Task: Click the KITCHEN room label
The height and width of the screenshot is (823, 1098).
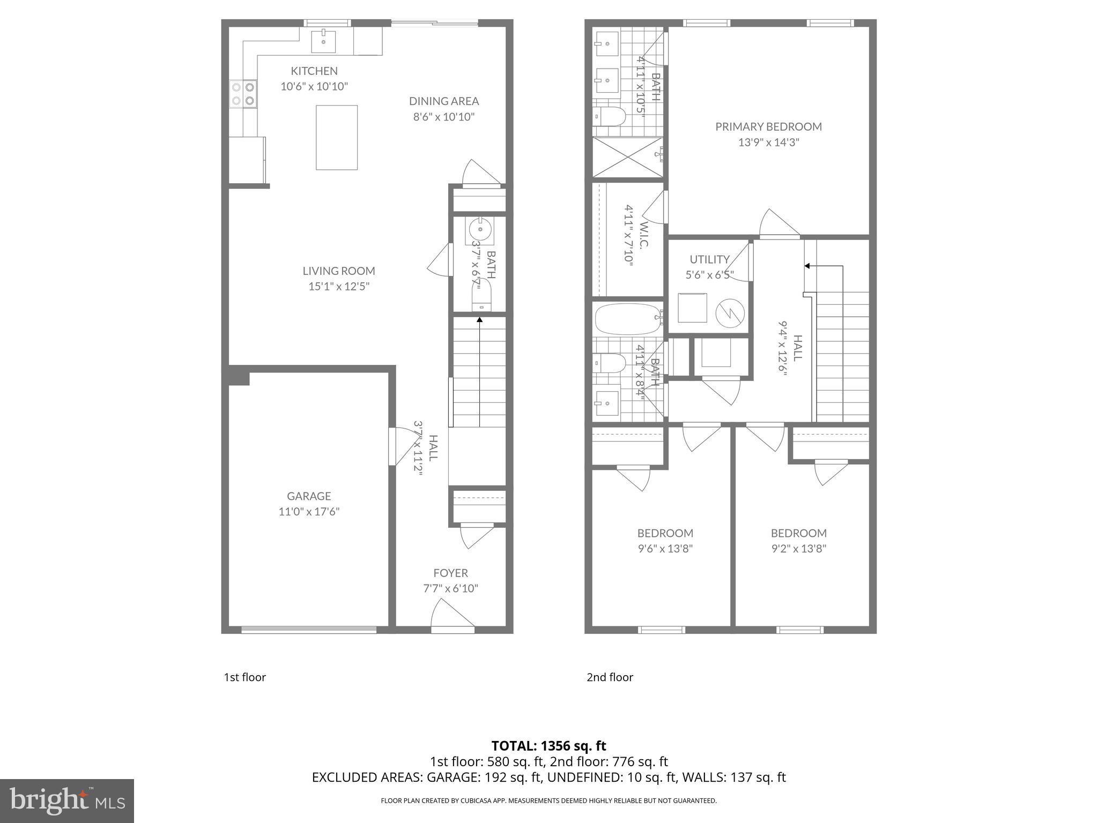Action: [x=314, y=71]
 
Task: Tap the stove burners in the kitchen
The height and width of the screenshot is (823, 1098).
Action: [x=242, y=93]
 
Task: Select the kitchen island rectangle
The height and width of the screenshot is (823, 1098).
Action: [x=337, y=138]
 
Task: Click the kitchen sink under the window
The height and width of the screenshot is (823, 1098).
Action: [x=324, y=42]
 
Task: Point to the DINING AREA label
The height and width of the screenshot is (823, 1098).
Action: [x=444, y=101]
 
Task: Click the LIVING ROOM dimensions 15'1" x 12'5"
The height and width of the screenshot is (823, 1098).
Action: [x=339, y=286]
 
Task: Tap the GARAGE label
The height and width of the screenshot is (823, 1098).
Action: [x=309, y=496]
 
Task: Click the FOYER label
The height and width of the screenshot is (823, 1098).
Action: [x=450, y=573]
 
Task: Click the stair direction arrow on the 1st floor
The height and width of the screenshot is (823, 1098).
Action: [x=479, y=320]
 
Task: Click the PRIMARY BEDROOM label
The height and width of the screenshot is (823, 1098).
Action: [x=768, y=126]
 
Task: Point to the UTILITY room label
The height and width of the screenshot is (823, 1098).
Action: [x=709, y=259]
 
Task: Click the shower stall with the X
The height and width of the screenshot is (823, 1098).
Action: [x=628, y=157]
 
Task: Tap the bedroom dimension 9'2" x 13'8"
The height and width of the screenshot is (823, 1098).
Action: [x=799, y=548]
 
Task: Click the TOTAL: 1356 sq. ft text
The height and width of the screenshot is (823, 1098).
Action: [x=548, y=745]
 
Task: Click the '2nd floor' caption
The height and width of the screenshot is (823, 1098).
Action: [x=610, y=677]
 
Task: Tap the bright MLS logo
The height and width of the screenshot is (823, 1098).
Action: [x=66, y=800]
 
